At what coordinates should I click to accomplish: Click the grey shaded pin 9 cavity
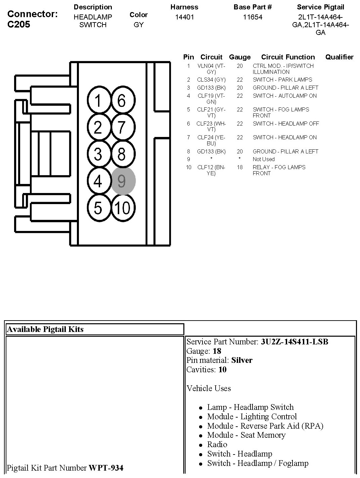tap(123, 181)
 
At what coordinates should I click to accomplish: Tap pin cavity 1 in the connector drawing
tap(98, 101)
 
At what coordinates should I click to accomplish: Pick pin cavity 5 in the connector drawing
tap(98, 208)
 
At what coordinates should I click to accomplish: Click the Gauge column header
tap(239, 57)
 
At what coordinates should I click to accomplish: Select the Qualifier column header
tap(339, 57)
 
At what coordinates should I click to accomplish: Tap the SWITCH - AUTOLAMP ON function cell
tap(284, 96)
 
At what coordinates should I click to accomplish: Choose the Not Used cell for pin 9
tap(264, 159)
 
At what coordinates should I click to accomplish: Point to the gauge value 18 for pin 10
tap(239, 167)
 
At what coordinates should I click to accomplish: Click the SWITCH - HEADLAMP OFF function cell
tap(286, 124)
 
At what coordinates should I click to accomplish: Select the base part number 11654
tap(253, 17)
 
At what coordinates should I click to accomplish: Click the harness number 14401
tap(184, 17)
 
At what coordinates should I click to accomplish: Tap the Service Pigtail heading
tap(320, 7)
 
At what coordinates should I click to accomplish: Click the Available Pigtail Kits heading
tap(45, 329)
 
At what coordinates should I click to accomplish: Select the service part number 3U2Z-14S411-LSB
tap(295, 342)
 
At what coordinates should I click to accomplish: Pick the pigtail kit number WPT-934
tap(106, 468)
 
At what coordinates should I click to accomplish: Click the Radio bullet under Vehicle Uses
tap(217, 444)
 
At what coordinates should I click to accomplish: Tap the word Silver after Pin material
tap(242, 360)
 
